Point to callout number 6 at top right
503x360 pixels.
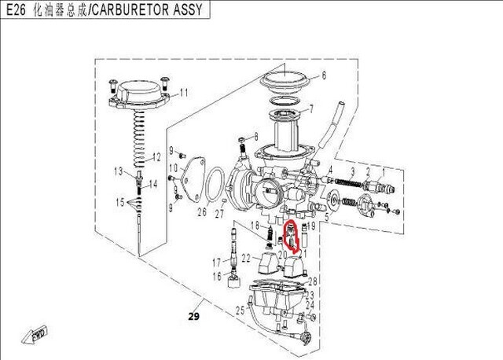321,77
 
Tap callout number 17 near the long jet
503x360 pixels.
215,262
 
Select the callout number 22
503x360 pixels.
246,258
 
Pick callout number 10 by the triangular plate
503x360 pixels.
174,169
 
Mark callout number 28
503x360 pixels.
312,281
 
